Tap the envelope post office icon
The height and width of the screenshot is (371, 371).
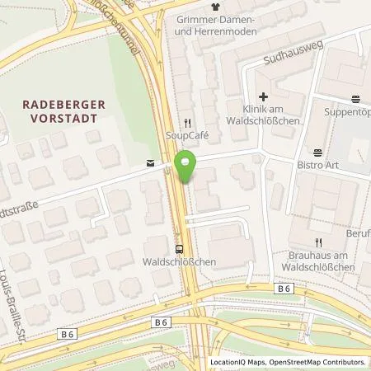[x=150, y=163]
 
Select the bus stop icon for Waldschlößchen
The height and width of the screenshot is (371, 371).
[x=179, y=248]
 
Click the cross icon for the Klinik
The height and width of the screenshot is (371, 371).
[x=262, y=96]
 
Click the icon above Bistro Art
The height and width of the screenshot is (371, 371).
[x=317, y=151]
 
